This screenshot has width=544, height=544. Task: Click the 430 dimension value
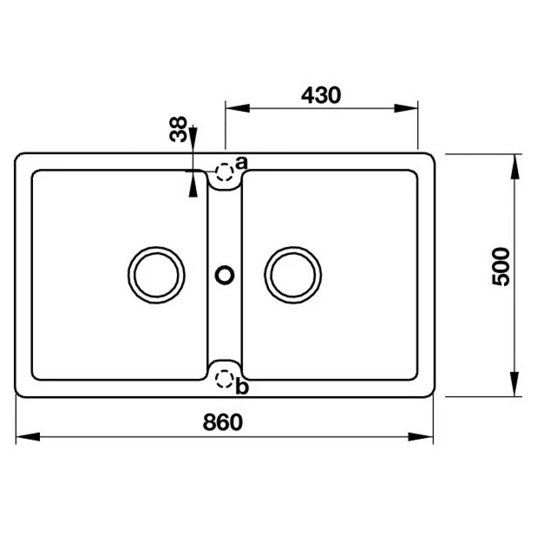click(321, 95)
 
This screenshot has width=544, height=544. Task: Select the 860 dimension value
click(223, 422)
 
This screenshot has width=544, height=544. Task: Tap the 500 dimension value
click(501, 267)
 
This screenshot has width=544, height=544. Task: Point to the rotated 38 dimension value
click(179, 129)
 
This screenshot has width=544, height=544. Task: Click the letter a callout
click(242, 162)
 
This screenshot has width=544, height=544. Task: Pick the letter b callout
click(242, 388)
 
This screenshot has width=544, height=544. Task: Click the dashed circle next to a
click(225, 172)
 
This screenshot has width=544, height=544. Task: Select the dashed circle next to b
click(224, 379)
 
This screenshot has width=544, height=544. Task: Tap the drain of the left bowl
click(156, 274)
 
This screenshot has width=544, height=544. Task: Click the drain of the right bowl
click(293, 274)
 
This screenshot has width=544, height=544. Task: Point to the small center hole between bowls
click(224, 274)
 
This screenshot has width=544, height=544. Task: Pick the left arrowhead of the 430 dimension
click(238, 108)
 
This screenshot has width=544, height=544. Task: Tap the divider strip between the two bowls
click(225, 319)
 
